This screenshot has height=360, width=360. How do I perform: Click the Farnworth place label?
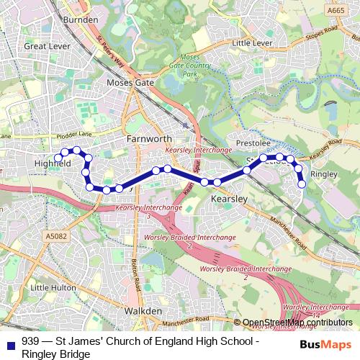pyautogui.click(x=149, y=138)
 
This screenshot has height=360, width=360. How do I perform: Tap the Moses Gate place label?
pyautogui.click(x=130, y=83)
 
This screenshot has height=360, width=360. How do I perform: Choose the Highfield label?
pyautogui.click(x=53, y=163)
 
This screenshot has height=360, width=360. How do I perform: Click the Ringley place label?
pyautogui.click(x=323, y=174)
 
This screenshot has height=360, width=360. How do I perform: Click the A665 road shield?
pyautogui.click(x=336, y=11)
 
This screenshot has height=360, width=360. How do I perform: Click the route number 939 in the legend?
pyautogui.click(x=31, y=341)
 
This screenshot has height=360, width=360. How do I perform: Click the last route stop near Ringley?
pyautogui.click(x=302, y=184)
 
